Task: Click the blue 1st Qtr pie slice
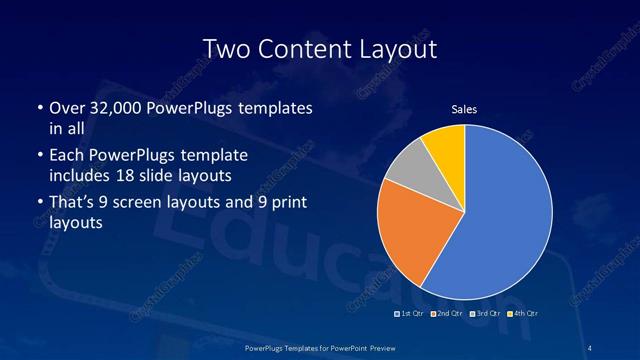coord(505,215)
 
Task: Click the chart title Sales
coord(464,109)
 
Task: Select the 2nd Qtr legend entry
coord(446,315)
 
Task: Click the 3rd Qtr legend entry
coord(483,315)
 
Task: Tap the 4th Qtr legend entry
coord(521,315)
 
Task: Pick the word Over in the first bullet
coord(64,107)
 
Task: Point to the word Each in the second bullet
coord(65,155)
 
